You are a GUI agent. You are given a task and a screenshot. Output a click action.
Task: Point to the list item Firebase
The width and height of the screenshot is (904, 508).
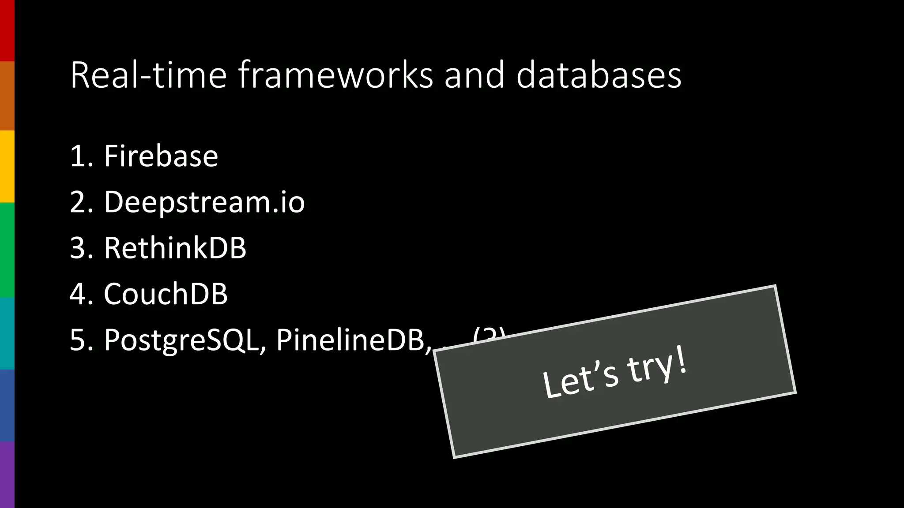click(x=161, y=156)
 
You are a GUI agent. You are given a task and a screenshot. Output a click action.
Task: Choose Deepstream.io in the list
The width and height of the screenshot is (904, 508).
click(x=204, y=202)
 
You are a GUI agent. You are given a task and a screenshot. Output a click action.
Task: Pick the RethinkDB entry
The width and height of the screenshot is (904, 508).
click(x=175, y=248)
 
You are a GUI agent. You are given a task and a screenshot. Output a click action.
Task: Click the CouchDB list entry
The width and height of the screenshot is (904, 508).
click(x=166, y=294)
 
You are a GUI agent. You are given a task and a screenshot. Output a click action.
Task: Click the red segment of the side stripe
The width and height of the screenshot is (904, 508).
click(x=7, y=30)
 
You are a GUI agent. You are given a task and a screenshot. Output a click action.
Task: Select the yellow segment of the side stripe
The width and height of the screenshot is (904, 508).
click(x=7, y=166)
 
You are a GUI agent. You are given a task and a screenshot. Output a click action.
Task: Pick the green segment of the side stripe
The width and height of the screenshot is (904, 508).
click(x=7, y=250)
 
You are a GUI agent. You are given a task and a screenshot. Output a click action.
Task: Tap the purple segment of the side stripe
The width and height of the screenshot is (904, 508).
click(x=7, y=474)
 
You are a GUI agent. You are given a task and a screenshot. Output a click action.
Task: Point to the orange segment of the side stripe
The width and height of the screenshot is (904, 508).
click(x=7, y=96)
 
